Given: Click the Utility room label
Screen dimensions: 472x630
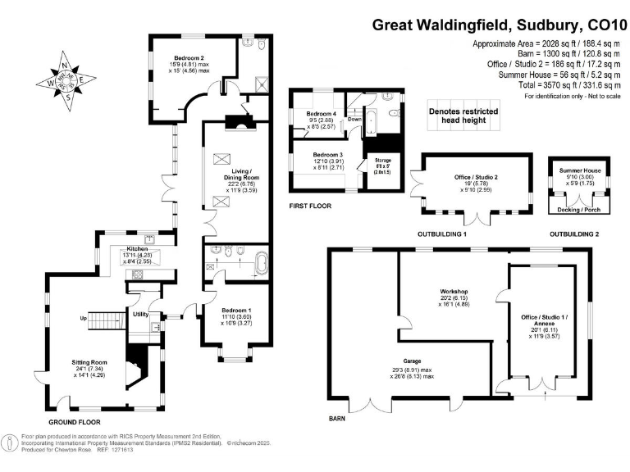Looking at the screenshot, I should pos(140,314).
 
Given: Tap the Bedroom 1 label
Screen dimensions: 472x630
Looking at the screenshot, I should pos(236,310).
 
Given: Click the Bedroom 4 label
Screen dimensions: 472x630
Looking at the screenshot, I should pos(322,113).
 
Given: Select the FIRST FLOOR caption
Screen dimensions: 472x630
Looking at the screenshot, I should pos(310,206).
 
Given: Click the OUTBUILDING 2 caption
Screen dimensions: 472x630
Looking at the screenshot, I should pos(574,234).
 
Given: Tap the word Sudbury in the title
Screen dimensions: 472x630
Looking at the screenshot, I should pos(547,25).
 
